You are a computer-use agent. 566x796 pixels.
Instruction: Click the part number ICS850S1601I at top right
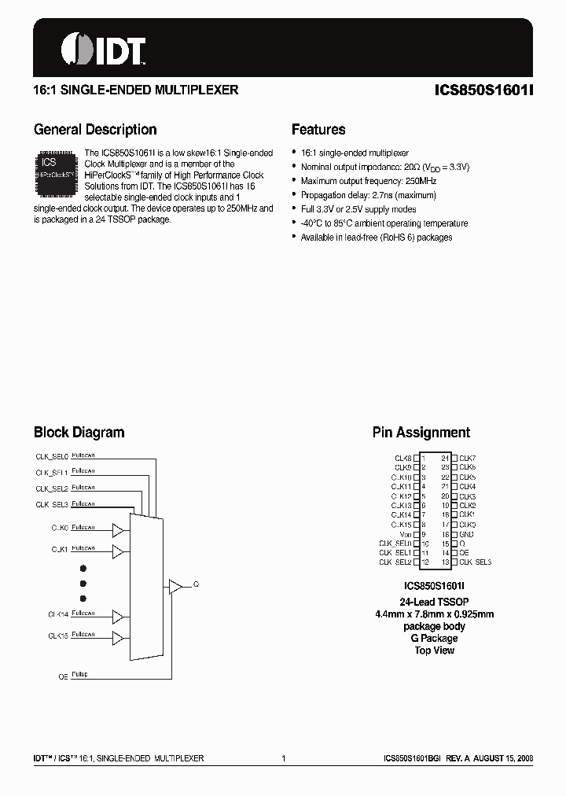pos(483,90)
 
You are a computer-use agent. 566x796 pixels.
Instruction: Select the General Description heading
pos(95,130)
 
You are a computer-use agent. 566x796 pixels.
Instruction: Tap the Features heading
pos(318,130)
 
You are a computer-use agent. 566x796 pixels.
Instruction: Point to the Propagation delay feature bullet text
pos(369,195)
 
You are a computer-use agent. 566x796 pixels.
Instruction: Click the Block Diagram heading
pos(79,432)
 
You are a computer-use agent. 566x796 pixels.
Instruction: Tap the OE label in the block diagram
pos(64,676)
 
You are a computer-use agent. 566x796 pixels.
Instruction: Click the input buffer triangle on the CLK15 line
pos(118,636)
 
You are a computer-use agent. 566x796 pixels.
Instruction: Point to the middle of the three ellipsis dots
pos(83,584)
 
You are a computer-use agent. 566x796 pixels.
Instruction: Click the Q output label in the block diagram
pos(196,585)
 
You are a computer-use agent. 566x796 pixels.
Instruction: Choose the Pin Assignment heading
pos(421,432)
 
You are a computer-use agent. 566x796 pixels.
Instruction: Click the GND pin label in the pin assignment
pos(466,534)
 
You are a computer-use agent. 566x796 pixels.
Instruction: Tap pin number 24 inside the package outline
pos(445,458)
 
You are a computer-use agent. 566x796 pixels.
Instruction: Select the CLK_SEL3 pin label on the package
pos(475,562)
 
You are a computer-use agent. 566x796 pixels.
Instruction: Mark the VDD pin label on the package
pos(406,534)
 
